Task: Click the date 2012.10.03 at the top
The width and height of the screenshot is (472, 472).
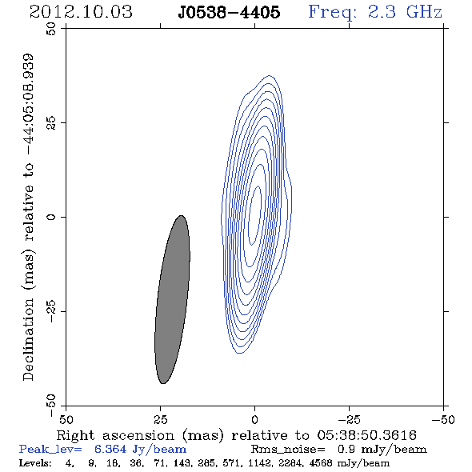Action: click(81, 12)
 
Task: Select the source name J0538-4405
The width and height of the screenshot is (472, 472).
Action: click(229, 12)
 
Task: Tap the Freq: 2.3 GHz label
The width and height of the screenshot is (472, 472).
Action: click(375, 12)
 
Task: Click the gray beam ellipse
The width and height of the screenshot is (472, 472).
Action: click(172, 299)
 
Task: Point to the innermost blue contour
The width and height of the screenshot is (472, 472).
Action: click(254, 215)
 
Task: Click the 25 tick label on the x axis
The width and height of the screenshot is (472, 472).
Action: click(160, 419)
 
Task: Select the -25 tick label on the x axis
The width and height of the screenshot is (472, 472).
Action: click(349, 419)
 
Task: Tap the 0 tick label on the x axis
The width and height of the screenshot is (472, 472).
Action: click(254, 419)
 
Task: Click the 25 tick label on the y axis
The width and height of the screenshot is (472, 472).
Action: click(51, 123)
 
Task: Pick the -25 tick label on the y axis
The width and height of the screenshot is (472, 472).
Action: click(51, 311)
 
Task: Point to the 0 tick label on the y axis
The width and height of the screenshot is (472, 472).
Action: click(51, 217)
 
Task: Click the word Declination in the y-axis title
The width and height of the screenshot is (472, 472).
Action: click(28, 339)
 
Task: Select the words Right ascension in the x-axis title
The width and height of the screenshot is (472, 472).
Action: click(115, 435)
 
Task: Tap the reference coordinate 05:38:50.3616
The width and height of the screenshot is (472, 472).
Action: click(366, 435)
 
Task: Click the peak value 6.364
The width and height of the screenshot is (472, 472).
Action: click(110, 449)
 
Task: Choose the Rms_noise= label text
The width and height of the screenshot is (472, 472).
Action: click(288, 450)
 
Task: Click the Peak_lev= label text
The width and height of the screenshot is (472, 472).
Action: click(50, 450)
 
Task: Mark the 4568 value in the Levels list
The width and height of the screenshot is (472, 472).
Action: click(321, 462)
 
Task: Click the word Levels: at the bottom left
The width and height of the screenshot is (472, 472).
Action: click(35, 462)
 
